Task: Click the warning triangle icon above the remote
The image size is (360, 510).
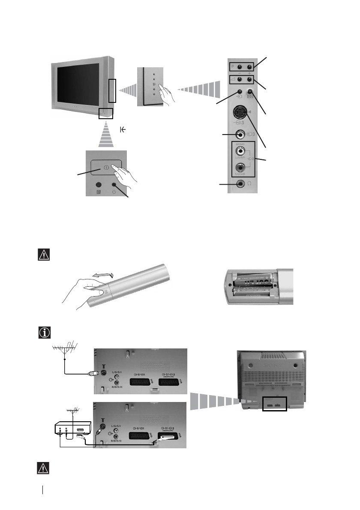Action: coord(44,255)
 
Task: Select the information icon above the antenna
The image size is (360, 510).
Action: coord(44,332)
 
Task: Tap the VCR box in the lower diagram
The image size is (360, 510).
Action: coord(72,430)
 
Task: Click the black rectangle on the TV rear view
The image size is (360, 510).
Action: coord(274,404)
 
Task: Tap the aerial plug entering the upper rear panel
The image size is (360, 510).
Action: coord(93,373)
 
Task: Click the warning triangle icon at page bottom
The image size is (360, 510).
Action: coord(44,468)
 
